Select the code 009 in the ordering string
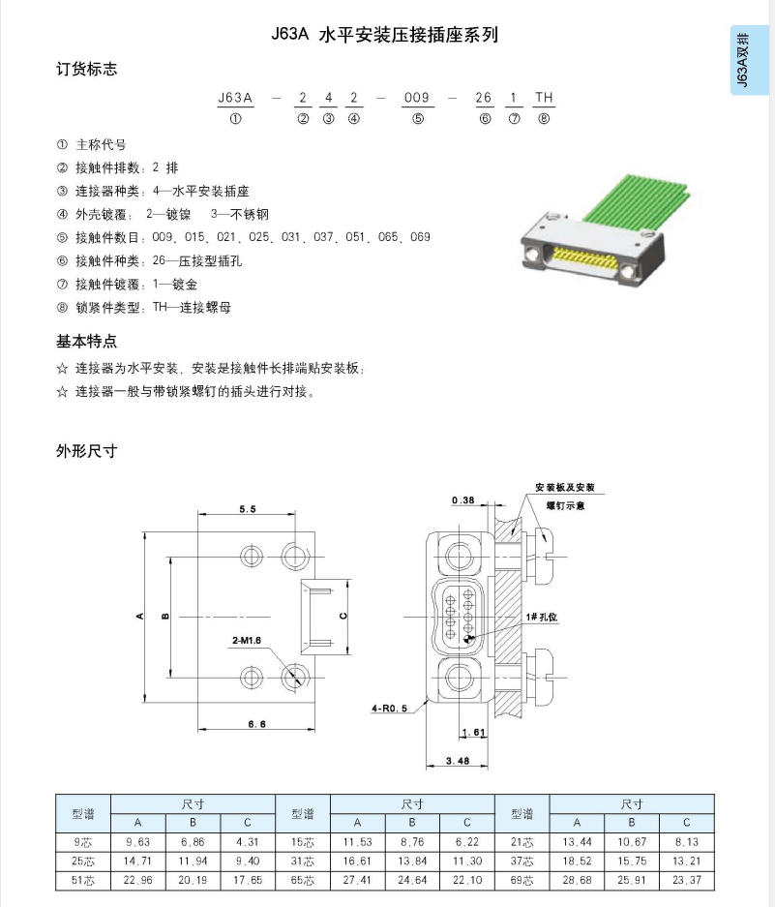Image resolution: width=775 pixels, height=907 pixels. (x=416, y=98)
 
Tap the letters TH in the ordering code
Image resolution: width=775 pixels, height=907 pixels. (x=544, y=98)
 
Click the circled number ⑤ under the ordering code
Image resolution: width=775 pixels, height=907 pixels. (x=416, y=120)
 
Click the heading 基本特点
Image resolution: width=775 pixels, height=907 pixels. (x=87, y=341)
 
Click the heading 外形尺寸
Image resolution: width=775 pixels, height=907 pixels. (x=87, y=451)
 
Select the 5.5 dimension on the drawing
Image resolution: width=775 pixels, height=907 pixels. (x=247, y=508)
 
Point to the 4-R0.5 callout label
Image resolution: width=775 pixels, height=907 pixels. (x=389, y=708)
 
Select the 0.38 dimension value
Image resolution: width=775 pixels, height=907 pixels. (x=463, y=500)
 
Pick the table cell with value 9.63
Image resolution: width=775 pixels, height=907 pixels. (x=139, y=841)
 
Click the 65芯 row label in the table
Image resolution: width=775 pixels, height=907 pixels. (x=303, y=879)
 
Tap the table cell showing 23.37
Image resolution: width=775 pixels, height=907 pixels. (x=686, y=879)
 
